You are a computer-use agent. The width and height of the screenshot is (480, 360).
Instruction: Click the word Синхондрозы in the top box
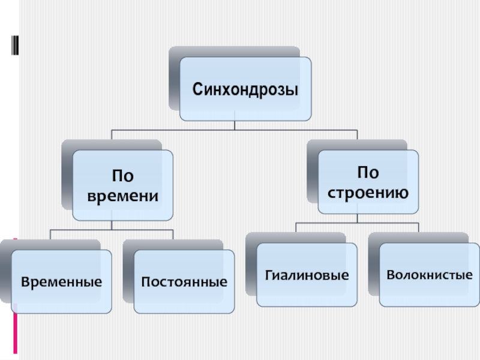[x=245, y=90]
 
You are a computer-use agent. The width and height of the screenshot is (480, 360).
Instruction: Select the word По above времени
[x=123, y=176]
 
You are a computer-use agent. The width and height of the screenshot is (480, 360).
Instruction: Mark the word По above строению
[x=368, y=173]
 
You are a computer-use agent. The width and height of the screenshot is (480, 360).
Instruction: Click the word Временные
[x=62, y=281]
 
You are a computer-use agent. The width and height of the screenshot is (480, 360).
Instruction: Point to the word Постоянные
[x=184, y=281]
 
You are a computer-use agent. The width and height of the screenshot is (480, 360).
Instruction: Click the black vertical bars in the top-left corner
[x=14, y=45]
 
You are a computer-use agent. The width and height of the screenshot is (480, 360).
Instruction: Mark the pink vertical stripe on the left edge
[x=16, y=300]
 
